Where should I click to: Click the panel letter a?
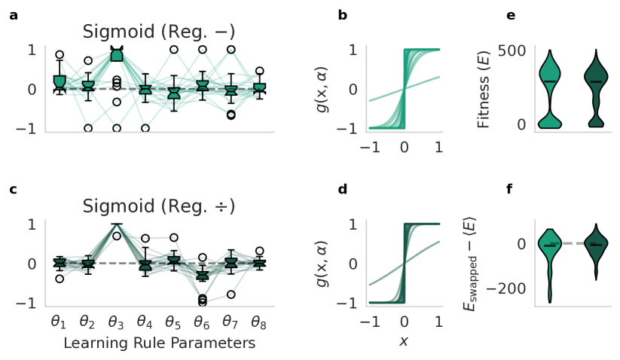pyautogui.click(x=13, y=14)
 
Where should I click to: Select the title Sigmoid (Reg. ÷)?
pyautogui.click(x=159, y=206)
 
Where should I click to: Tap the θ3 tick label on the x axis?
pyautogui.click(x=117, y=322)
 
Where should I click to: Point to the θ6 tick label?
pyautogui.click(x=202, y=322)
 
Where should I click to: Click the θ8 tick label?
pyautogui.click(x=259, y=322)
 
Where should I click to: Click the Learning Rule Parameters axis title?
pyautogui.click(x=159, y=343)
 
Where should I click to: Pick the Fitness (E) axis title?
pyautogui.click(x=486, y=88)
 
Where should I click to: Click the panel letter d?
pyautogui.click(x=342, y=189)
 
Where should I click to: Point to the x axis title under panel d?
pyautogui.click(x=405, y=341)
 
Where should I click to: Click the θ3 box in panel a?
pyautogui.click(x=117, y=54)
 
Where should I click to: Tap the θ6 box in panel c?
pyautogui.click(x=202, y=276)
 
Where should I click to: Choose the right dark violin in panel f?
pyautogui.click(x=596, y=249)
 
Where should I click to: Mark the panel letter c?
pyautogui.click(x=13, y=189)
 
